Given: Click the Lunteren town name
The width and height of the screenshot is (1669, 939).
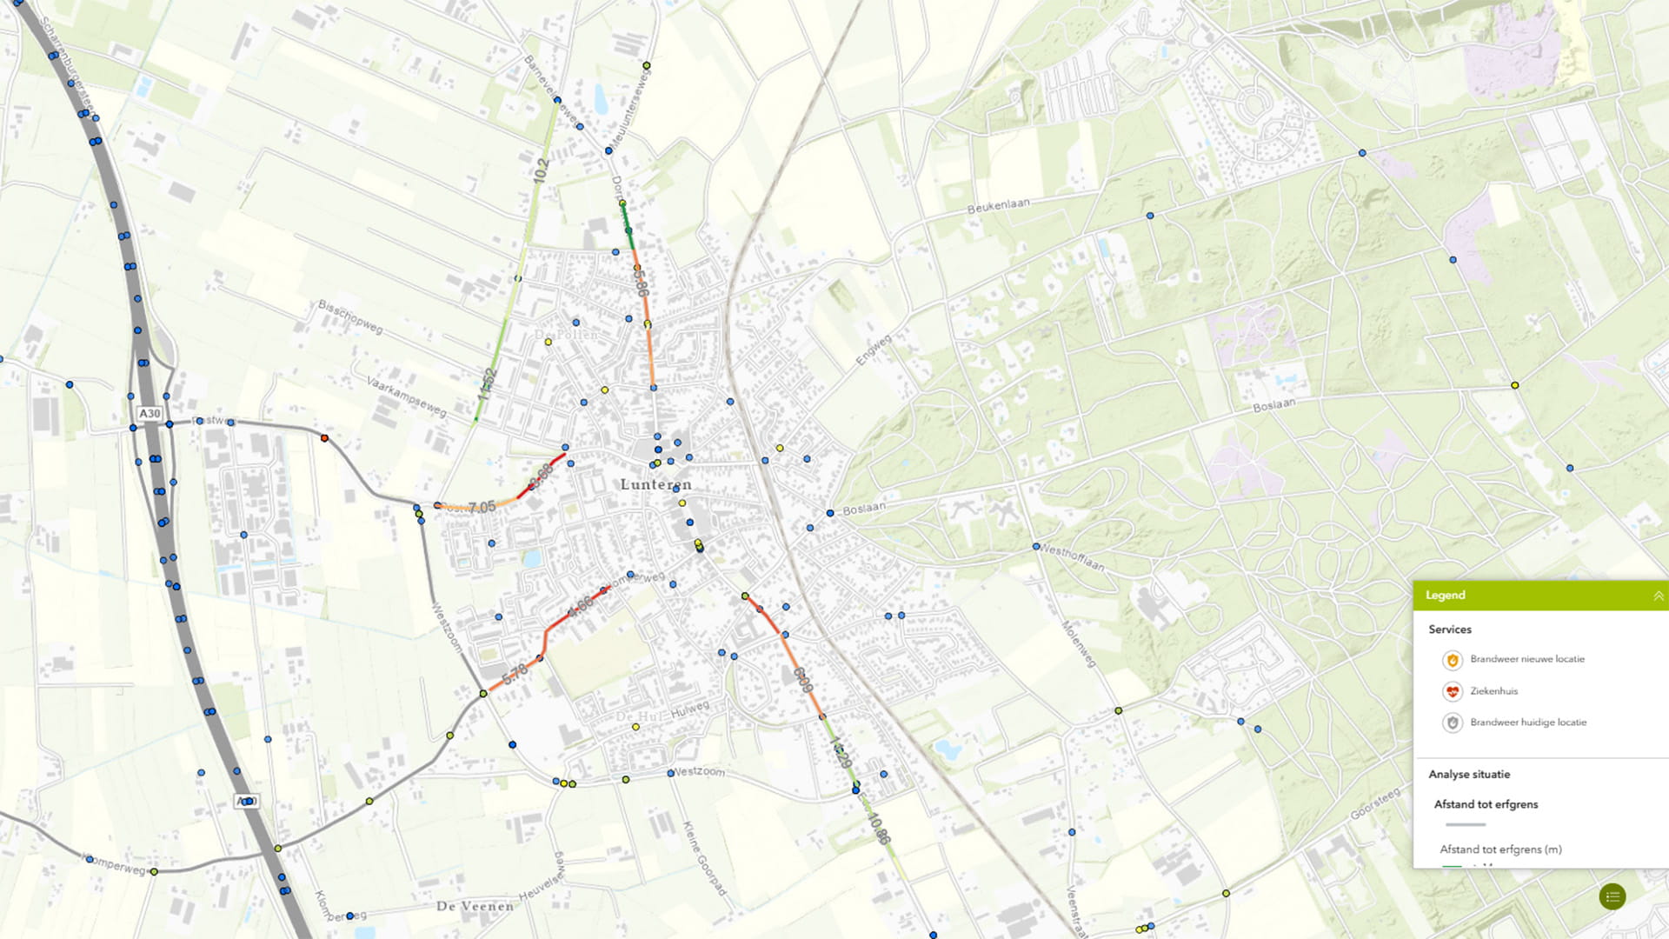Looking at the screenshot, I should pyautogui.click(x=656, y=484).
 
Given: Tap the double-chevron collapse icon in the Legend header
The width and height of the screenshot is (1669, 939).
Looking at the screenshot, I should pyautogui.click(x=1658, y=596).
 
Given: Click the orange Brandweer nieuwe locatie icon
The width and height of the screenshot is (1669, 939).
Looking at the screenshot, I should pyautogui.click(x=1452, y=660).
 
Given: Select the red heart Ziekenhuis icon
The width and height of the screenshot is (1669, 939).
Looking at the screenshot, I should pyautogui.click(x=1452, y=691).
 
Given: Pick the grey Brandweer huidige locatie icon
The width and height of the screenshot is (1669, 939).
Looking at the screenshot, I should pyautogui.click(x=1452, y=723).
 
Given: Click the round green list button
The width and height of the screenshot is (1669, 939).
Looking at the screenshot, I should pyautogui.click(x=1612, y=896).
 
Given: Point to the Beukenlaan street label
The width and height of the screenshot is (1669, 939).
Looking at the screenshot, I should pyautogui.click(x=998, y=205).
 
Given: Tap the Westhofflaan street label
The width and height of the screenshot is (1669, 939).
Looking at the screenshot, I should pyautogui.click(x=1072, y=557).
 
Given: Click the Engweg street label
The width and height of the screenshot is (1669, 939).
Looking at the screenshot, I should pyautogui.click(x=874, y=350).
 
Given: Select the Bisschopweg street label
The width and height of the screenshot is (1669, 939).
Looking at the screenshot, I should pyautogui.click(x=350, y=316).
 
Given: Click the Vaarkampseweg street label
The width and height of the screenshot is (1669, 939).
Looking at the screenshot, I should pyautogui.click(x=406, y=396).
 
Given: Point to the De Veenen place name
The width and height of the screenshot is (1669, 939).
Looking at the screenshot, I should pyautogui.click(x=475, y=906).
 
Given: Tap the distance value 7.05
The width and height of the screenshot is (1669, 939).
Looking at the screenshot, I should pyautogui.click(x=482, y=507).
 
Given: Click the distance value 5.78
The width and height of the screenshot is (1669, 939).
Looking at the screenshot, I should pyautogui.click(x=515, y=673).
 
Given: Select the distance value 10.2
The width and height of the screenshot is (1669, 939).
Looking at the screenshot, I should pyautogui.click(x=541, y=170).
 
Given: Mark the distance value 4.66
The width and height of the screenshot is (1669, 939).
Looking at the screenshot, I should pyautogui.click(x=580, y=606).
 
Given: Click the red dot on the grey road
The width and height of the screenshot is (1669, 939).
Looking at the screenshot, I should pyautogui.click(x=324, y=438).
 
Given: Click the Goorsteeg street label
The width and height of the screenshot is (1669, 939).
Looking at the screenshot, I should pyautogui.click(x=1375, y=803).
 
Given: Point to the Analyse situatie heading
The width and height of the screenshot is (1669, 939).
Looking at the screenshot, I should pyautogui.click(x=1469, y=774).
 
